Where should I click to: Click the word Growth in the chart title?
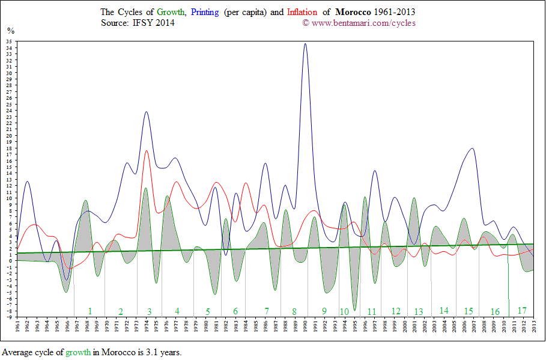[171, 12]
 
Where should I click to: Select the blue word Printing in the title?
[205, 12]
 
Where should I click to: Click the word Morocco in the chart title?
[354, 12]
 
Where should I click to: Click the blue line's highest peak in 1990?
[305, 44]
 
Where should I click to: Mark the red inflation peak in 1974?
[147, 151]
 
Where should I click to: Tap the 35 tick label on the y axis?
[10, 41]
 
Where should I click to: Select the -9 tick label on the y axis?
[10, 317]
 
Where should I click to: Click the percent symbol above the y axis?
[11, 30]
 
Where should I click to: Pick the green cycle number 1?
[90, 311]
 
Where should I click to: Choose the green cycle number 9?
[324, 311]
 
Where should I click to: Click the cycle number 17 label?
[522, 311]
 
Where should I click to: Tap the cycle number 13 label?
[418, 311]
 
